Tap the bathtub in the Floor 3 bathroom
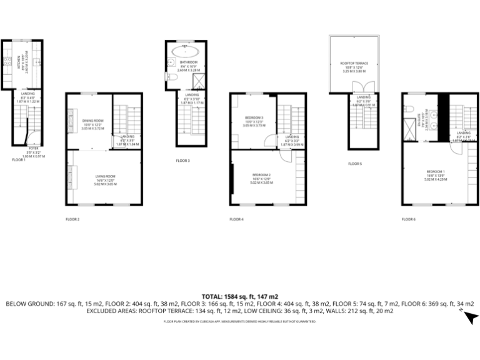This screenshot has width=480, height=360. tap(189, 51)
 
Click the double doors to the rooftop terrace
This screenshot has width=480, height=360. tap(358, 87)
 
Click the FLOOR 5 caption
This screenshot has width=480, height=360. tap(354, 164)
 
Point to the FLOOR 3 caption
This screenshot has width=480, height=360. tap(182, 161)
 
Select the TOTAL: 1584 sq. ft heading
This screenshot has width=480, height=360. tap(240, 296)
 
